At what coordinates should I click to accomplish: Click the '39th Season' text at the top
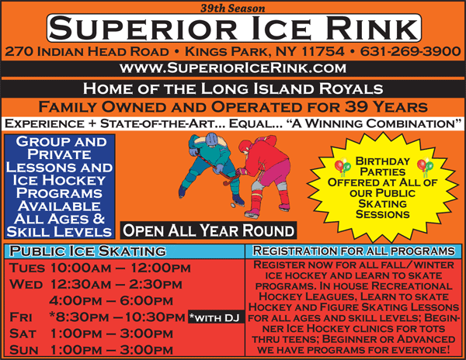233,8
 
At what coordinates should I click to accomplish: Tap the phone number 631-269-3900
410,51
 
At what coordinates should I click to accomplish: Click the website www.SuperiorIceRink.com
233,68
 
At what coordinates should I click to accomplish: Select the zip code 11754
323,51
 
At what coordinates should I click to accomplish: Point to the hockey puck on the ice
233,205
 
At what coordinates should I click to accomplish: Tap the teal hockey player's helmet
211,139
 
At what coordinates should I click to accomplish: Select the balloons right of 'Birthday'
425,167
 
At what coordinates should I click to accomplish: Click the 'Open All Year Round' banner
208,230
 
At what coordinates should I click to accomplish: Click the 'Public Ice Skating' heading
88,251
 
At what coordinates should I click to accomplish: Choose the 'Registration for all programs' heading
353,251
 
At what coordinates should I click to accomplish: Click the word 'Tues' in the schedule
27,268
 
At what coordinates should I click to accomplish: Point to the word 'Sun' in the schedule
24,350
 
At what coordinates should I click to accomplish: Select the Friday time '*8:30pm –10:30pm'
117,317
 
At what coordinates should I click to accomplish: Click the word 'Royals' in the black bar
351,88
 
